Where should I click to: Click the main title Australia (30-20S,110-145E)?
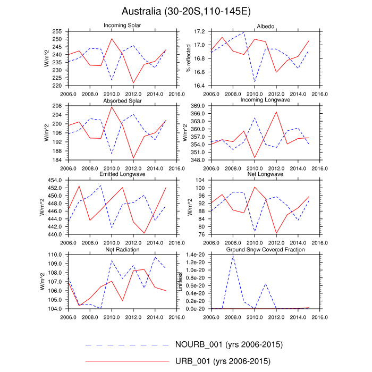tap(185, 11)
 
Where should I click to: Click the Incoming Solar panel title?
tap(122, 26)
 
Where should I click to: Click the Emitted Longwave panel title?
tap(122, 174)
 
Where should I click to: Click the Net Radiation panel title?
tap(122, 249)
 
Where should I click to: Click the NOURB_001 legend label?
tap(229, 344)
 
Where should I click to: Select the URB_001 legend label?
tap(223, 361)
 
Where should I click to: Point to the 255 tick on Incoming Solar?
tap(58, 32)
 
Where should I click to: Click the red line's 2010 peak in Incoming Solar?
tap(112, 38)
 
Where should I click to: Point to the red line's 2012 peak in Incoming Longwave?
tap(276, 112)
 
